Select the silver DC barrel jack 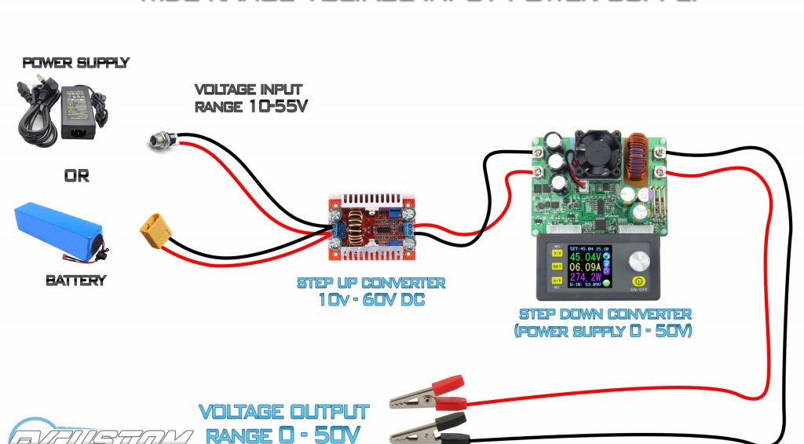point(157,141)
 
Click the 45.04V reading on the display point(586,257)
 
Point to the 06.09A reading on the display point(586,268)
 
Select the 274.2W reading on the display point(586,278)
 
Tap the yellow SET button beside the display point(556,266)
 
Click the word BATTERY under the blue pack point(76,281)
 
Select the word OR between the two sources point(76,177)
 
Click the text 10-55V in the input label point(273,106)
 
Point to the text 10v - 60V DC point(371,299)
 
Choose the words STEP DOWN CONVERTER point(605,314)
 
